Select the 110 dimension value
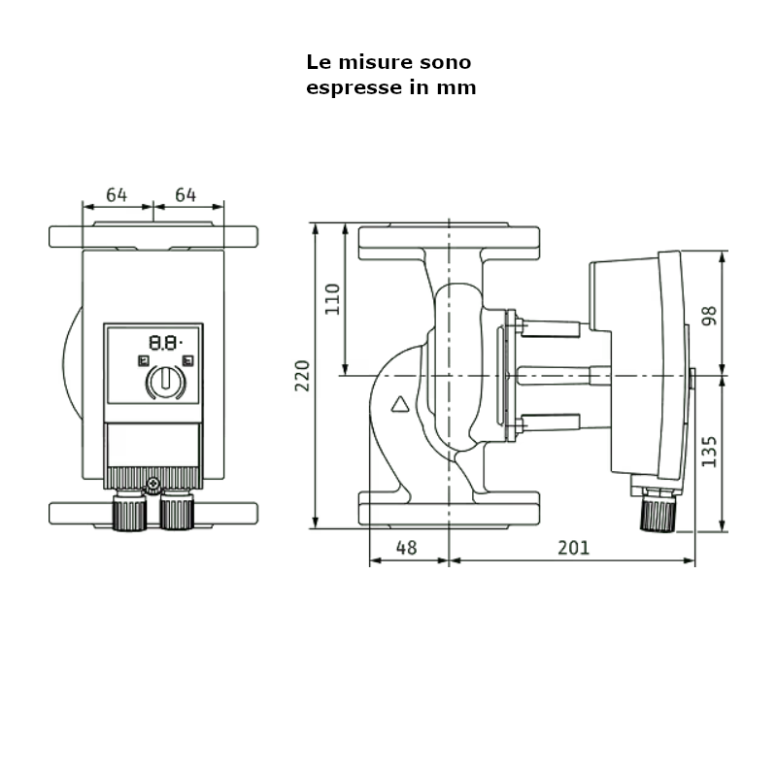click(x=333, y=298)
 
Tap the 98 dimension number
click(x=709, y=315)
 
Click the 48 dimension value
click(x=407, y=548)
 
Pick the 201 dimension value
click(x=573, y=548)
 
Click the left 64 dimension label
click(x=117, y=195)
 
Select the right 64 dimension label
click(x=186, y=195)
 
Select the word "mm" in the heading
click(x=458, y=87)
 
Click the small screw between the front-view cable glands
click(x=152, y=484)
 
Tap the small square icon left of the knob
click(x=143, y=361)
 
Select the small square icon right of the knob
click(x=186, y=361)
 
